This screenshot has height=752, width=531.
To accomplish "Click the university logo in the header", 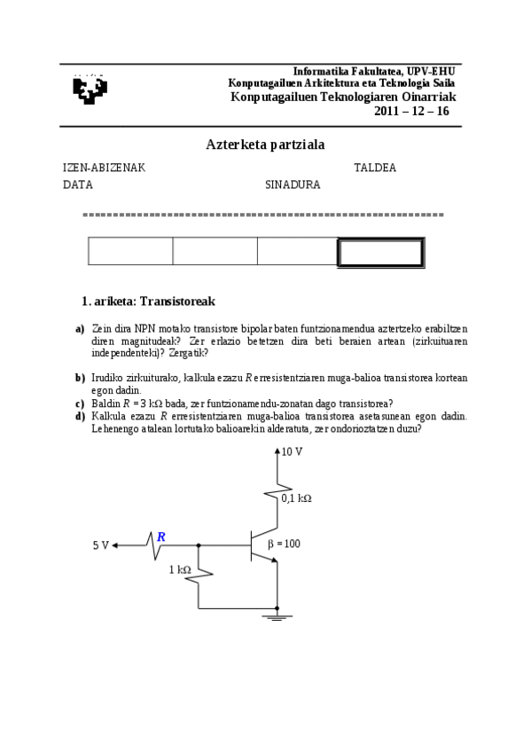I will coord(89,89).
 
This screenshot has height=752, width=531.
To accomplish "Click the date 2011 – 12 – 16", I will coord(412,111).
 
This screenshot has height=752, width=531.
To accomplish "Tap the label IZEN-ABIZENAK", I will coord(104,168).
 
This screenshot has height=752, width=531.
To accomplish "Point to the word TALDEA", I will coord(375,168).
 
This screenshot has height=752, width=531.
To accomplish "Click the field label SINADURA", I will coord(293,185).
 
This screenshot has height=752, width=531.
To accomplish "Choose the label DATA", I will coord(78,185).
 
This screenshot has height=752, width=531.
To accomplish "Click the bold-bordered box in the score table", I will coord(380,252).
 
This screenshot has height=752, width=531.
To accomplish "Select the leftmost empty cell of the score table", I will coord(130,252).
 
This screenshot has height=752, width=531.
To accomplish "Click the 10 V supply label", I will coord(292,451).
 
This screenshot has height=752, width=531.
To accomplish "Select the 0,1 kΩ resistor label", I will coord(296,498).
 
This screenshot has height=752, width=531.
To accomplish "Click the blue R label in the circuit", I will coord(160,537).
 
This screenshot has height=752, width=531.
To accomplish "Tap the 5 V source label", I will coord(100,545).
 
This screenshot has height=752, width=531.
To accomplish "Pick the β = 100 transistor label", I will coord(283,544).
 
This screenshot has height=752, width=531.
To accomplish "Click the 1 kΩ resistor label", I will coord(180,569).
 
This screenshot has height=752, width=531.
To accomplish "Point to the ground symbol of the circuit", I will coord(278,615).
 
